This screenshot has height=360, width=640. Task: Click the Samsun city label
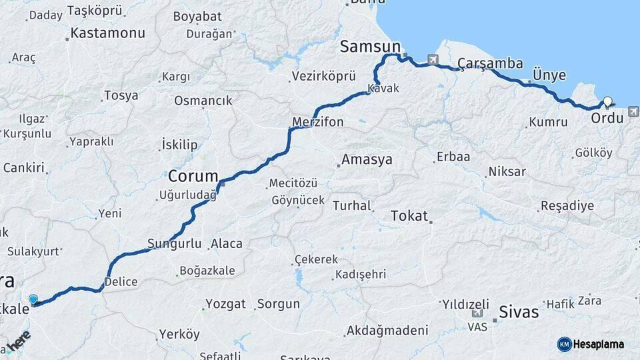pos(370,47)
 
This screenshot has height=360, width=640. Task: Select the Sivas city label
pos(519,311)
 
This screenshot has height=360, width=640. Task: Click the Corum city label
pos(193,177)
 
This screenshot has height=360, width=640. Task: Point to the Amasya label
pos(367,160)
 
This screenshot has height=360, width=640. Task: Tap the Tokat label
pos(409,215)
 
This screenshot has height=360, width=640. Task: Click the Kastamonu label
pos(107,32)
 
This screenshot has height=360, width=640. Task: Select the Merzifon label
pos(317,122)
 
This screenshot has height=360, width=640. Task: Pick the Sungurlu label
pos(174,244)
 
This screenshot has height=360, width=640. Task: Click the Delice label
pos(121,281)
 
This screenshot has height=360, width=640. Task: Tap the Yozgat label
pos(225,304)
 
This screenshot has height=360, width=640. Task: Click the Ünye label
pos(549,75)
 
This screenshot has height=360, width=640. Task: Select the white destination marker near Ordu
pos(607,102)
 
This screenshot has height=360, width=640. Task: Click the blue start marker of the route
pos(33,300)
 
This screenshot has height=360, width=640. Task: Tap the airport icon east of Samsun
pos(434,60)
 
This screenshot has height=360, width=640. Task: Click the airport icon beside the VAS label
pos(477,313)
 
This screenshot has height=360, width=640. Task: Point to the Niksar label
pos(507,172)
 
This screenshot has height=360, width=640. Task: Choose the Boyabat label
pos(192,17)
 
